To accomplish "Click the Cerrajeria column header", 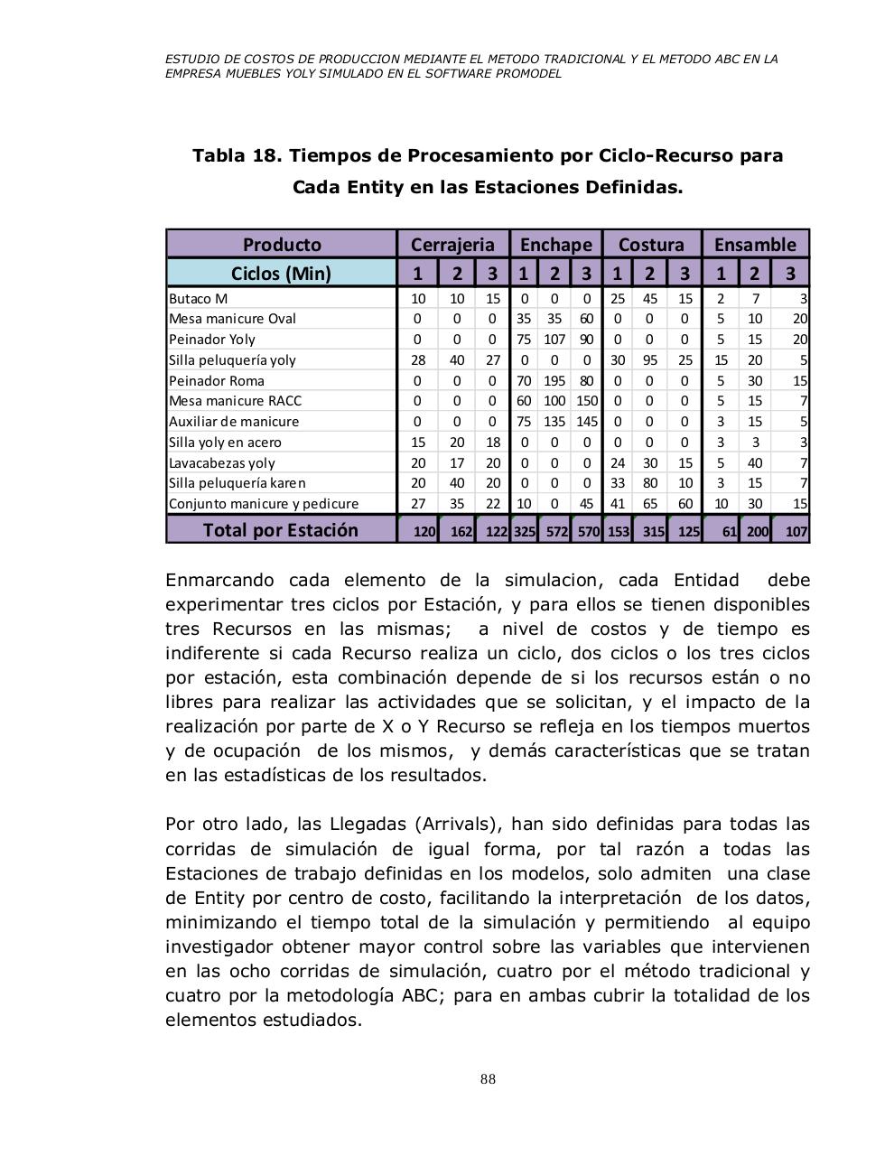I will pyautogui.click(x=452, y=245).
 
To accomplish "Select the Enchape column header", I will pyautogui.click(x=555, y=245).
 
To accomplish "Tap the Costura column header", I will pyautogui.click(x=651, y=245).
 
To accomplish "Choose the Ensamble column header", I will pyautogui.click(x=755, y=245).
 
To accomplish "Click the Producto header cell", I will pyautogui.click(x=282, y=245).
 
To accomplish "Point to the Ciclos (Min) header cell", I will pyautogui.click(x=282, y=274).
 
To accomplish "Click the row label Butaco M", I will pyautogui.click(x=199, y=298).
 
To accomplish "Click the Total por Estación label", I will pyautogui.click(x=280, y=530).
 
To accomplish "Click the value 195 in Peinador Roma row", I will pyautogui.click(x=554, y=380).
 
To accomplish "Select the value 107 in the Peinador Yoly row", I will pyautogui.click(x=554, y=340).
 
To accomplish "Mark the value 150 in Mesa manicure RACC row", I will pyautogui.click(x=587, y=401).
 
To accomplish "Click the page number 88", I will pyautogui.click(x=488, y=1079).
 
